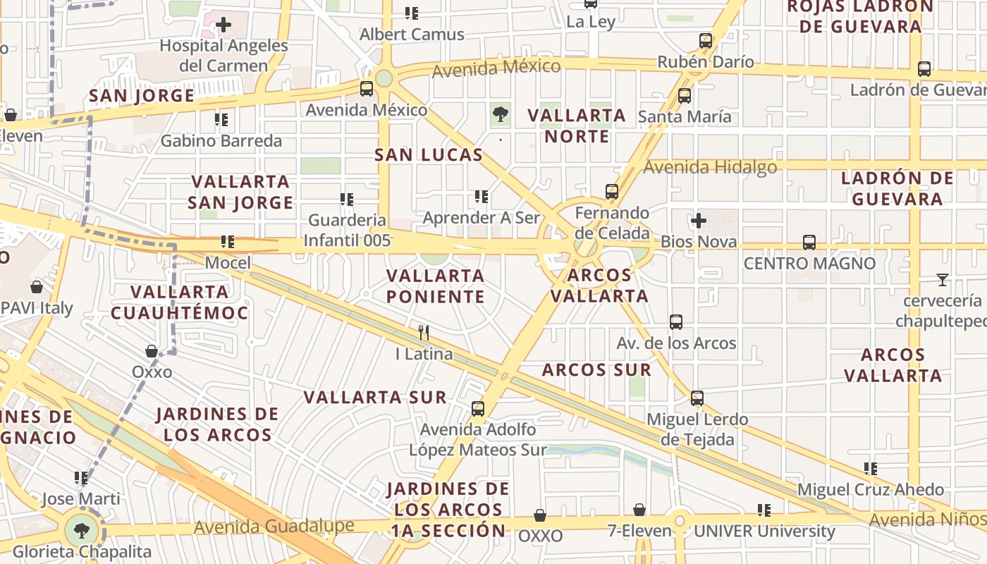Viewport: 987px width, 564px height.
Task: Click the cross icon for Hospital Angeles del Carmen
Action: coord(223,25)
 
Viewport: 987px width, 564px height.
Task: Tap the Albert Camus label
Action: coord(412,35)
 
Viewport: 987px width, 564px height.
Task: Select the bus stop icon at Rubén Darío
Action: coord(705,41)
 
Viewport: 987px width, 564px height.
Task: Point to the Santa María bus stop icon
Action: coord(684,96)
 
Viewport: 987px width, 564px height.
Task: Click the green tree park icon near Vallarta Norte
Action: coord(501,113)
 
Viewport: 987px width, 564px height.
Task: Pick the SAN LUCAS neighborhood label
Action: coord(429,155)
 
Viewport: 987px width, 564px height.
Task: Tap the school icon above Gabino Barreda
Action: coord(221,121)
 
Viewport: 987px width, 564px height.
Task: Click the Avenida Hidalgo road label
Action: coord(710,167)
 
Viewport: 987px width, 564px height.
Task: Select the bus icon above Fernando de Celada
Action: coord(611,192)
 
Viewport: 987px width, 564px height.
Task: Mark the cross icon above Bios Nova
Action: coord(699,221)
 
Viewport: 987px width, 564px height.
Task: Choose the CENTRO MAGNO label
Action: coord(809,264)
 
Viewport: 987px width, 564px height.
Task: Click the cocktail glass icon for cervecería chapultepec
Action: coord(942,280)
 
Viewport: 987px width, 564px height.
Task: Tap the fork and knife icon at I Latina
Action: coord(424,333)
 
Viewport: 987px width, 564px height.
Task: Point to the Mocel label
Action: coord(228,263)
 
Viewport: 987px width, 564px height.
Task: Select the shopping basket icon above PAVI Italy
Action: coord(37,287)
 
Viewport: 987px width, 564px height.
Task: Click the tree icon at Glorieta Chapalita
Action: coord(82,530)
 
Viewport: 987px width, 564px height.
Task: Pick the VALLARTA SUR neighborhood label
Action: coord(375,398)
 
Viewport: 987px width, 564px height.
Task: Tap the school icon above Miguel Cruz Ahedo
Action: coord(871,469)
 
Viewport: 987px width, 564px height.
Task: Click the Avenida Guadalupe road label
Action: coord(274,527)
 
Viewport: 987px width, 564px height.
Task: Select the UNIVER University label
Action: coord(764,532)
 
